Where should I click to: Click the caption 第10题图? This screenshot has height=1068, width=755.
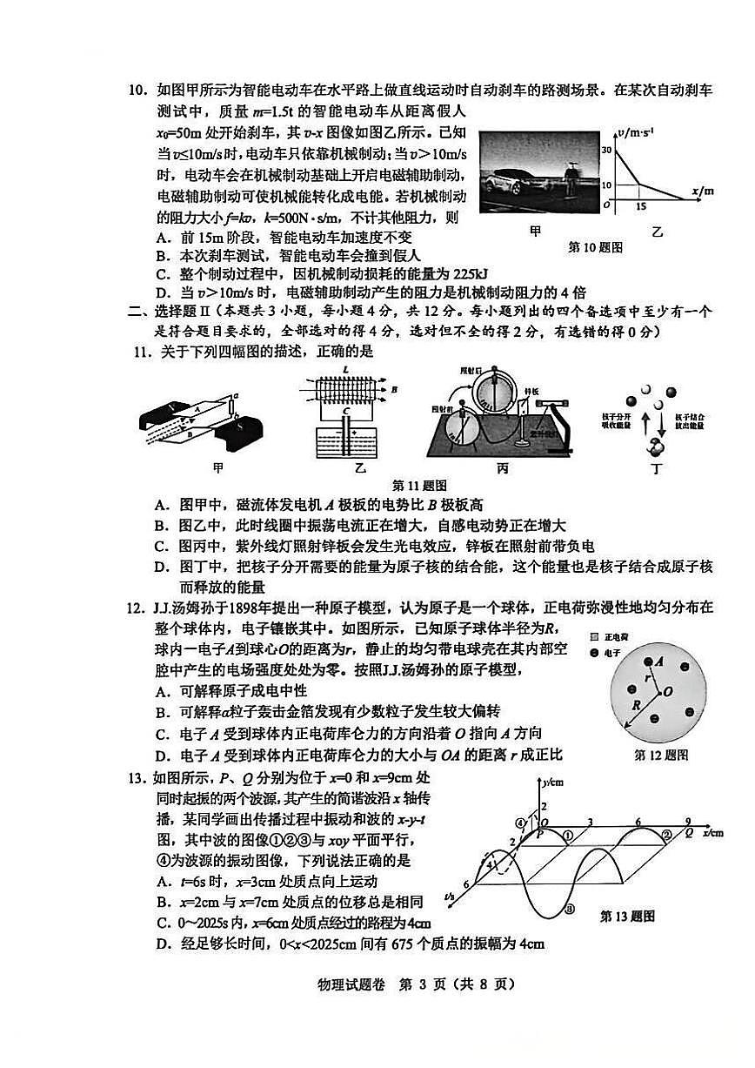(x=595, y=246)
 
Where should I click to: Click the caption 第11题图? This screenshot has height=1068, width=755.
(x=419, y=486)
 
